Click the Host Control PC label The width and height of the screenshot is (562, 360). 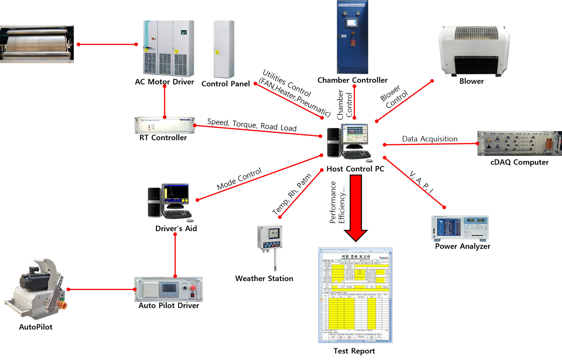click(x=355, y=169)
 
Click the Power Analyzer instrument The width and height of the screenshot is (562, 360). click(x=459, y=228)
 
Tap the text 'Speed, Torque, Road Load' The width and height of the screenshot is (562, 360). click(x=251, y=125)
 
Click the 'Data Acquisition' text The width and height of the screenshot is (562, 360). click(x=429, y=139)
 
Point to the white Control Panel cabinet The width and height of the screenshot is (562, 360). click(x=223, y=49)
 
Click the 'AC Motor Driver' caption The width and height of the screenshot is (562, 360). click(x=164, y=82)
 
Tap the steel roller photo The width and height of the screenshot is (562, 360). click(x=37, y=44)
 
